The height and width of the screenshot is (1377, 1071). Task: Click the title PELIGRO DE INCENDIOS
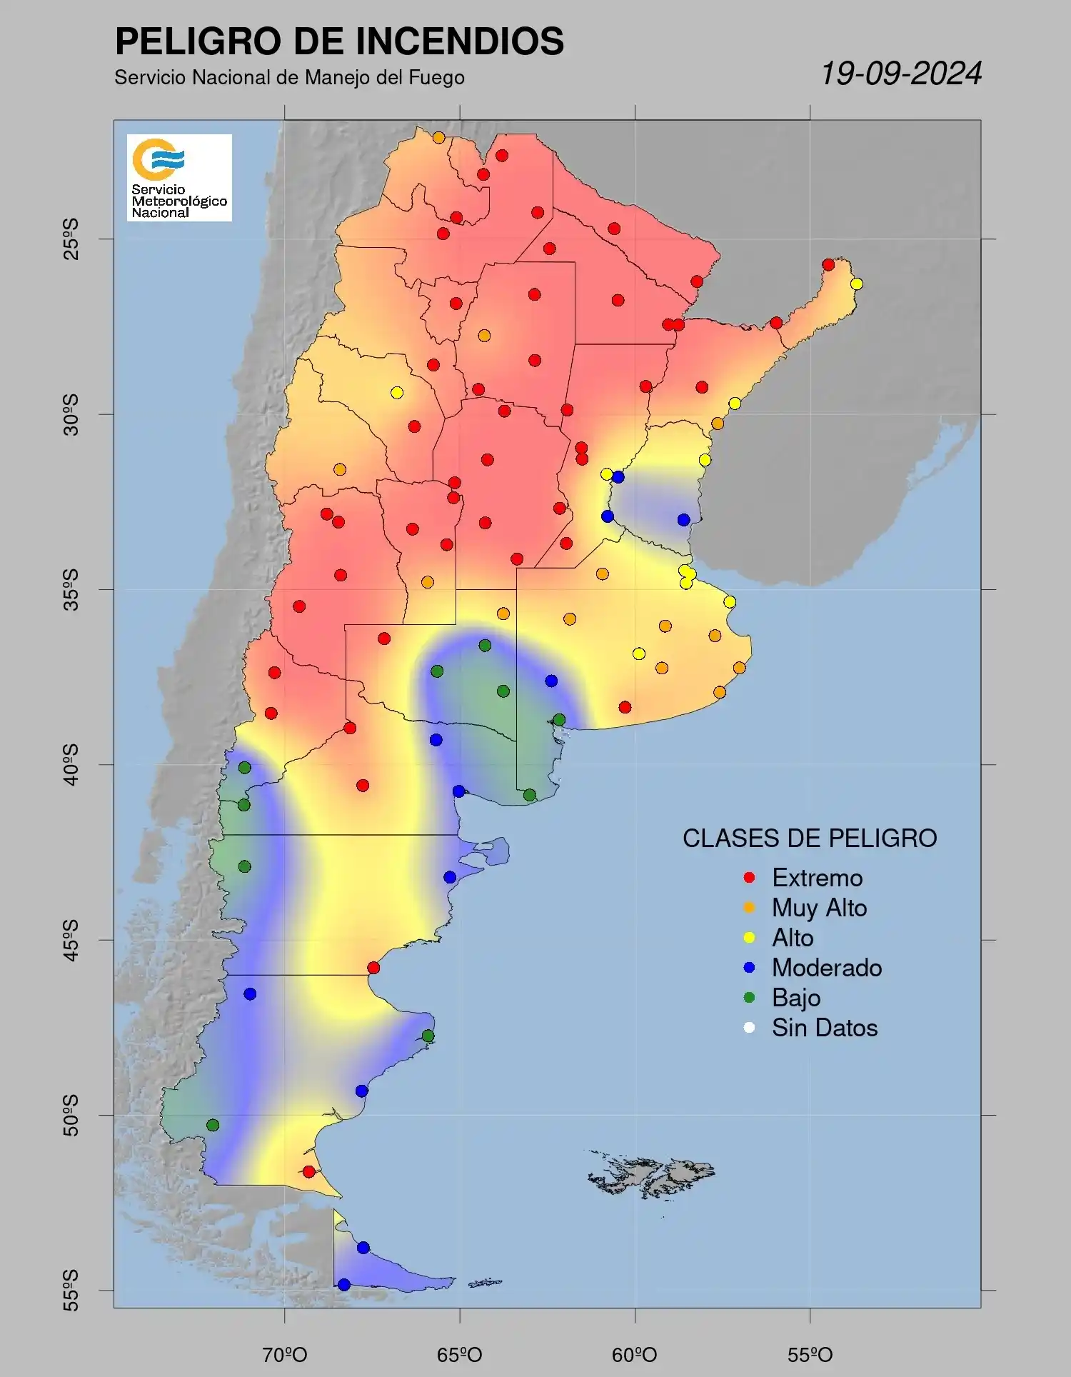tap(339, 41)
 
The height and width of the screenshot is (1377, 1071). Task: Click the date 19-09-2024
tap(901, 74)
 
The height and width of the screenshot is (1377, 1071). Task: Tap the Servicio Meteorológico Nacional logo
tap(179, 177)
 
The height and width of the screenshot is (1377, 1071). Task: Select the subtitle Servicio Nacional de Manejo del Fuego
tap(289, 77)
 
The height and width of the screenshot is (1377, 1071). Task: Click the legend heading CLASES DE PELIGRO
tap(810, 838)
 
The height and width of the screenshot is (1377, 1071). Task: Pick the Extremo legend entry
tap(817, 878)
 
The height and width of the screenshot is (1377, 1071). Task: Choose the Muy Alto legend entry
tap(819, 908)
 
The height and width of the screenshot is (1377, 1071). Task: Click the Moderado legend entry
tap(826, 968)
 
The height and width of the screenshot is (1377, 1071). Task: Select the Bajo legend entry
tap(795, 998)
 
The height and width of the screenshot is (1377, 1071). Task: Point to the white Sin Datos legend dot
tap(749, 1028)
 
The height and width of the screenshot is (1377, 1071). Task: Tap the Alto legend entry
tap(792, 938)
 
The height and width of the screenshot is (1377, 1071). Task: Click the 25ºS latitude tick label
tap(71, 239)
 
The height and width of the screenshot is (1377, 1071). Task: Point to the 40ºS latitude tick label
tap(71, 764)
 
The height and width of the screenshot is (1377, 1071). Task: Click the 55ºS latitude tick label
tap(71, 1290)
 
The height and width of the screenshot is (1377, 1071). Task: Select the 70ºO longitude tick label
tap(285, 1354)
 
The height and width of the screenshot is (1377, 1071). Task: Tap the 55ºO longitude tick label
tap(810, 1354)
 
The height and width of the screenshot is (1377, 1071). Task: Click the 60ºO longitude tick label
tap(635, 1354)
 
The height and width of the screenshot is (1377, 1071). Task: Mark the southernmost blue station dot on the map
tap(343, 1285)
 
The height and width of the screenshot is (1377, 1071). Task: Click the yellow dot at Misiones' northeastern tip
tap(856, 284)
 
